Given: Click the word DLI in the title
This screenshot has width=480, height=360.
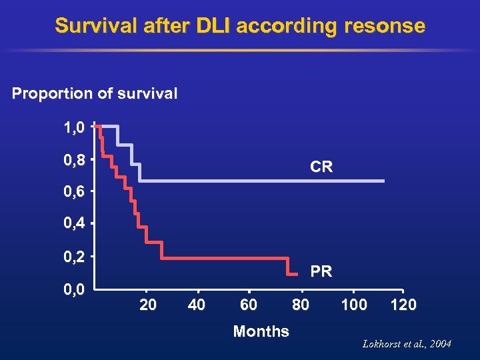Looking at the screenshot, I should (x=213, y=26).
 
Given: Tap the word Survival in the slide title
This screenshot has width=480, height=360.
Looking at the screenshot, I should (x=89, y=26).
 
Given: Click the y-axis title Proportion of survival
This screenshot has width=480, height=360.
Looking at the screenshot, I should (x=95, y=93).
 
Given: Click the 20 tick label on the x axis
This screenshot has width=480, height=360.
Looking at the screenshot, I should (x=147, y=305).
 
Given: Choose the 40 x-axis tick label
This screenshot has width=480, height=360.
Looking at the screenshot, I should (x=197, y=305).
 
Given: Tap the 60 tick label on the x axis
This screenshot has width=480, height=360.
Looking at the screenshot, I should (x=249, y=305).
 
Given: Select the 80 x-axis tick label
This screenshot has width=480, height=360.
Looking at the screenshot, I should (x=301, y=305).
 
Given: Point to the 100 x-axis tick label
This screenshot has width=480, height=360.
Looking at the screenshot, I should (x=353, y=305).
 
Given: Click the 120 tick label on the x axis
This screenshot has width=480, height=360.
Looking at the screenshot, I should (x=403, y=305).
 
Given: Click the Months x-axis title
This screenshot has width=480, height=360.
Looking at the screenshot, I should (x=261, y=331).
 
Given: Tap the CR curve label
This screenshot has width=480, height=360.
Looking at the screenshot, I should (x=321, y=168).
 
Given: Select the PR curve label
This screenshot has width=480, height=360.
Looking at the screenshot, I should (x=321, y=272).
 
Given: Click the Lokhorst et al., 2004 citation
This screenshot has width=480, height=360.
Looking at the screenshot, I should (x=407, y=344).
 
